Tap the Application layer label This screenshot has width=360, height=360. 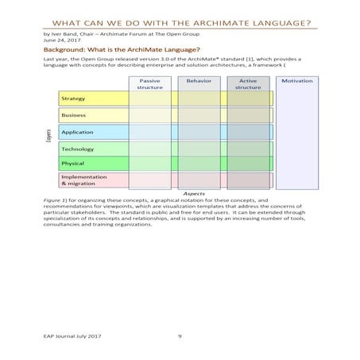point(77,132)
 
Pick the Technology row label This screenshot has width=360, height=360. point(77,149)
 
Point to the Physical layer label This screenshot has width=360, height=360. point(72,164)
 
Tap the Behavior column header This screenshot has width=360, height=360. point(198,81)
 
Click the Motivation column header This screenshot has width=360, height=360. point(297,81)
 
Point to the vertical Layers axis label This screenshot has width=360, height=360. point(48,136)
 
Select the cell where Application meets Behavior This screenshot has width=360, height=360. point(198,132)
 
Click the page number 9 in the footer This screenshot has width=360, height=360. point(180,336)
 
